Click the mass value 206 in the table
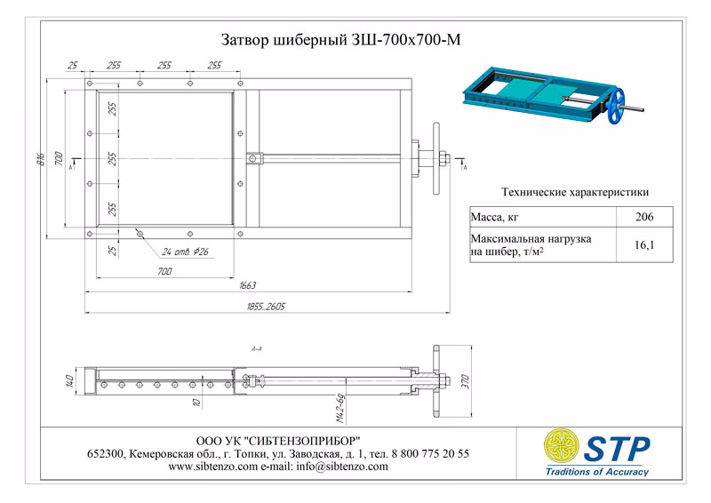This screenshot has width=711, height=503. click(645, 217)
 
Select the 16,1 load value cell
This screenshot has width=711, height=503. click(645, 244)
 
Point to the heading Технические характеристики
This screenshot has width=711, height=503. click(574, 191)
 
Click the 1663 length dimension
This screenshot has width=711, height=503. click(247, 285)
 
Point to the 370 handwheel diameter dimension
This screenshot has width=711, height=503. click(463, 380)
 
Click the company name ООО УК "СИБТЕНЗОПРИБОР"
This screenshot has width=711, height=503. click(277, 441)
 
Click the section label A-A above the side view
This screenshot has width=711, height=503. click(256, 349)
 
